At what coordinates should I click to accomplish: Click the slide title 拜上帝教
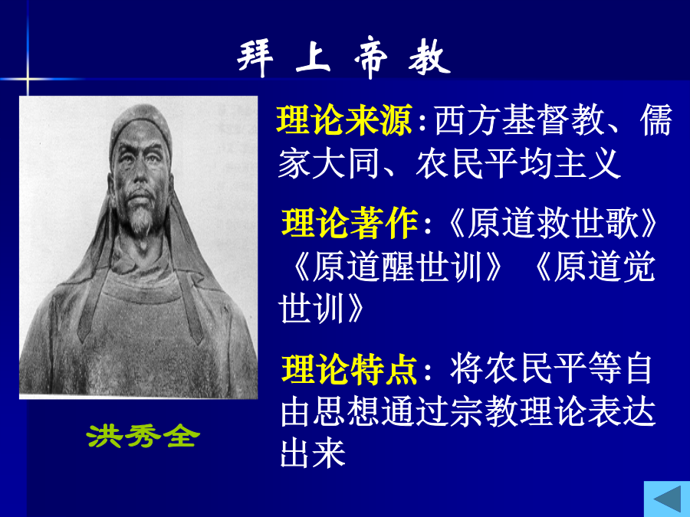point(343,57)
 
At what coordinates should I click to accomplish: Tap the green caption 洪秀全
point(143,436)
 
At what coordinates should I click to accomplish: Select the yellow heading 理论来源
point(344,119)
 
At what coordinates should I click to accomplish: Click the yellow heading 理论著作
point(350,224)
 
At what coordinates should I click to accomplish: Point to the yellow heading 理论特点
point(350,369)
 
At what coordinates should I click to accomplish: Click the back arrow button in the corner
point(667,499)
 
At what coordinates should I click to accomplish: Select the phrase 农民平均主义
point(518,164)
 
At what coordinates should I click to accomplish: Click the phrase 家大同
point(329,164)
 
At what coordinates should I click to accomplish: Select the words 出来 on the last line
point(313,453)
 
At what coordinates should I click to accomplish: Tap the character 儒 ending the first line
point(655,119)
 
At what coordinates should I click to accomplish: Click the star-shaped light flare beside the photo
point(28,79)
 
